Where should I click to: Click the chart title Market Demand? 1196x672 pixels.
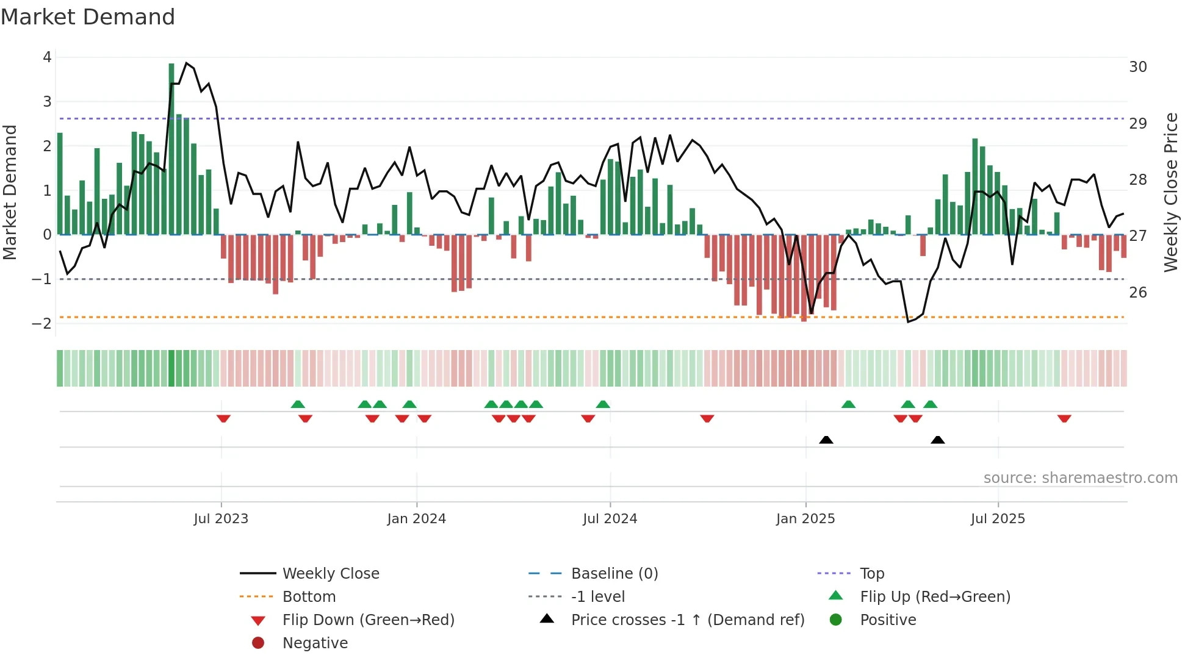[x=88, y=17]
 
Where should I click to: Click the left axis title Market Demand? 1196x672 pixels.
[x=10, y=192]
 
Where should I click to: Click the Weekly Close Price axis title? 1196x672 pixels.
[x=1170, y=192]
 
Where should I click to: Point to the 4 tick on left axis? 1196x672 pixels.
[x=47, y=57]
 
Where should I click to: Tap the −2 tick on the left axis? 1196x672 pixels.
[x=42, y=324]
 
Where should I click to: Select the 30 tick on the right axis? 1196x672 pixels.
[x=1137, y=66]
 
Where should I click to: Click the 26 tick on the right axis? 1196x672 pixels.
[x=1137, y=293]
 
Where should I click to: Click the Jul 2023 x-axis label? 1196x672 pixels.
[x=221, y=519]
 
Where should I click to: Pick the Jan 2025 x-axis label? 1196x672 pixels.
[x=805, y=519]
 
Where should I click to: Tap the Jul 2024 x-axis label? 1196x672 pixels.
[x=610, y=519]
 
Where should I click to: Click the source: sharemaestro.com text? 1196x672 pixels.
[x=1080, y=478]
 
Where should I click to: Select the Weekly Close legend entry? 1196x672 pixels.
[x=330, y=574]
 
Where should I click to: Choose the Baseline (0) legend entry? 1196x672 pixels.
[x=614, y=574]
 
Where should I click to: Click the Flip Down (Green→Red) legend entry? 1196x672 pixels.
[x=368, y=620]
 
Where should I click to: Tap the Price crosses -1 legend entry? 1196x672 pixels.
[x=687, y=620]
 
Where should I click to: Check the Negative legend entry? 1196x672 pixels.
[x=315, y=643]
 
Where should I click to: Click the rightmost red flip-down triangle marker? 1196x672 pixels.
[x=1064, y=418]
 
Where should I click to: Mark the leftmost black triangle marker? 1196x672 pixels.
[x=826, y=440]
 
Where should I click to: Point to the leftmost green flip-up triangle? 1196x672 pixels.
[x=298, y=404]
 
